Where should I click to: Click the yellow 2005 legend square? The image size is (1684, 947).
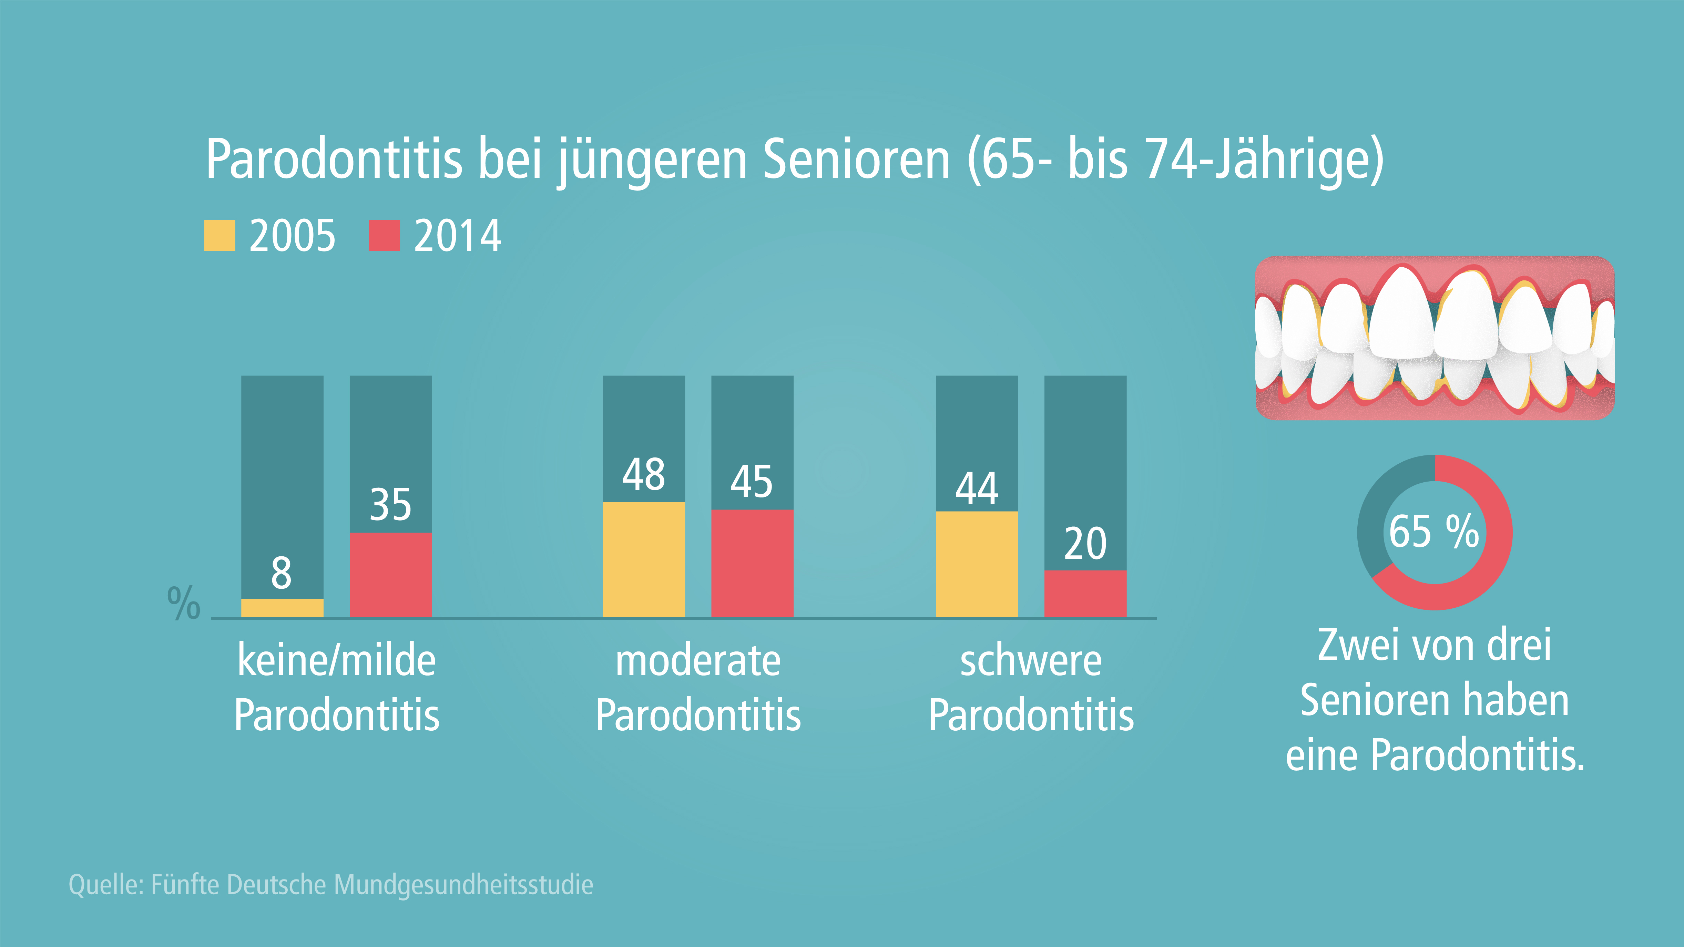click(x=219, y=236)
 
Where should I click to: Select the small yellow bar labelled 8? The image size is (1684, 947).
click(x=282, y=608)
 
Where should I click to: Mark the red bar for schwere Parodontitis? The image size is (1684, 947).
click(x=1085, y=594)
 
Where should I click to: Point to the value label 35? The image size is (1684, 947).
click(x=390, y=505)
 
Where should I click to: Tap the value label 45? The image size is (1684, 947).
click(x=752, y=482)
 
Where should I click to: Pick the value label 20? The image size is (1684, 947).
click(x=1085, y=543)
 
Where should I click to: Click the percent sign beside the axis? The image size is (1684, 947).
click(x=183, y=603)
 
